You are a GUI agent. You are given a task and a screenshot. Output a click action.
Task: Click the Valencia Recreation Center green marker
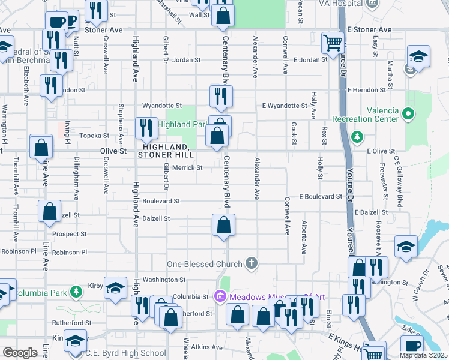409,113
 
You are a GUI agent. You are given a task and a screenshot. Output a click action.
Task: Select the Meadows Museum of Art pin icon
220,296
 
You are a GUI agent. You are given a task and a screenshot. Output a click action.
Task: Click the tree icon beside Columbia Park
76,292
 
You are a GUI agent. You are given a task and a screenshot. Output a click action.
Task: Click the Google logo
20,353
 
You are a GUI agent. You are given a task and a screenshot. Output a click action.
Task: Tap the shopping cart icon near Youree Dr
332,43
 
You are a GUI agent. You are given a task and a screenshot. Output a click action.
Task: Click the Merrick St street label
187,167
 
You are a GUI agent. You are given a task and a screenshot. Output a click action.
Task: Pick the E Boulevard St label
321,196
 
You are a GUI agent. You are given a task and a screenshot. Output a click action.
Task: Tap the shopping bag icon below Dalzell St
223,226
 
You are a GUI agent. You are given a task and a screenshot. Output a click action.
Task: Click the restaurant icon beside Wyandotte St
221,96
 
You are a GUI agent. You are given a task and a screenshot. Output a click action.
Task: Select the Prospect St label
69,234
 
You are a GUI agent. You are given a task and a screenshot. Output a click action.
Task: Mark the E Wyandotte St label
285,106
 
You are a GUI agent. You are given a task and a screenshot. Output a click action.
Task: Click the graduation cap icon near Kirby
115,287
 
